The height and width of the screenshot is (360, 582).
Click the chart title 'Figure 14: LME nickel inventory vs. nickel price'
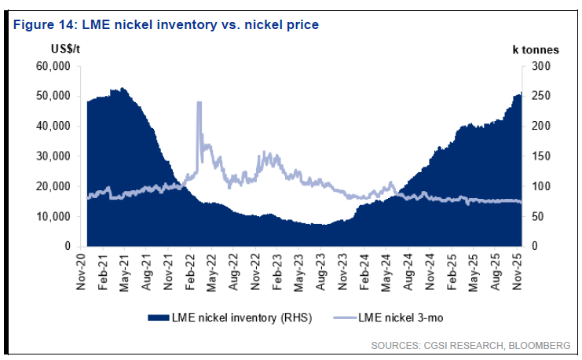[165, 24]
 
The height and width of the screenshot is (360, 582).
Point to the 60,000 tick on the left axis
[54, 66]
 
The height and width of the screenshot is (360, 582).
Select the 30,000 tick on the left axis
[54, 156]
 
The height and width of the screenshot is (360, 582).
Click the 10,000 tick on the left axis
[54, 216]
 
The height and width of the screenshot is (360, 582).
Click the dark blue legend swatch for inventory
[159, 317]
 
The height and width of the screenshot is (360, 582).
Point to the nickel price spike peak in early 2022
[199, 102]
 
